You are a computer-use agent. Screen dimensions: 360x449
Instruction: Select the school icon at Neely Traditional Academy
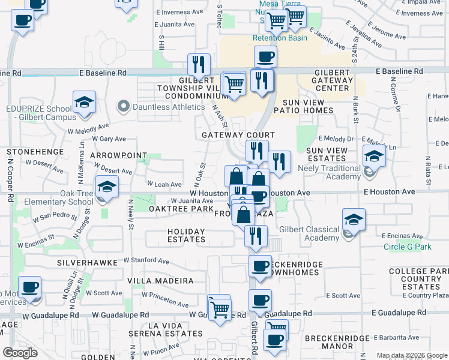(375, 157)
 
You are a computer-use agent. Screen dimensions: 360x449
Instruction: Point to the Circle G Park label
(408, 247)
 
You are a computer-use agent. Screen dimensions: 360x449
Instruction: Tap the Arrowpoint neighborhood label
(118, 155)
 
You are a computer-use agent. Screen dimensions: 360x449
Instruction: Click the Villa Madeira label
(161, 280)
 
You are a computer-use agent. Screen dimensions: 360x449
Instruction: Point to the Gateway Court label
(238, 135)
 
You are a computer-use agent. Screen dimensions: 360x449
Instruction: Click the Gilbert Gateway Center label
(334, 80)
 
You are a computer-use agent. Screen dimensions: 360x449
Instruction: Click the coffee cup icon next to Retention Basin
(265, 58)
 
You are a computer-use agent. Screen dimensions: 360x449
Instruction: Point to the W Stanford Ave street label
(146, 260)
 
